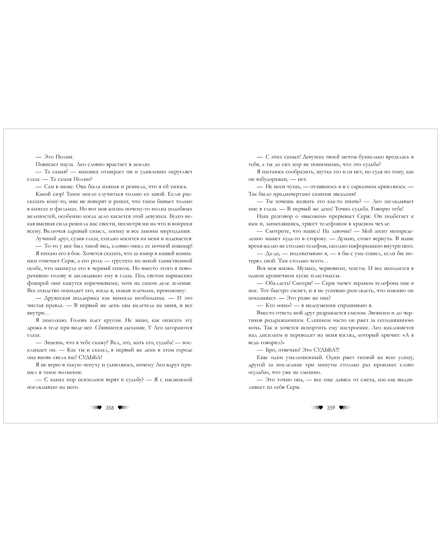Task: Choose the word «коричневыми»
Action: coord(99,283)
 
